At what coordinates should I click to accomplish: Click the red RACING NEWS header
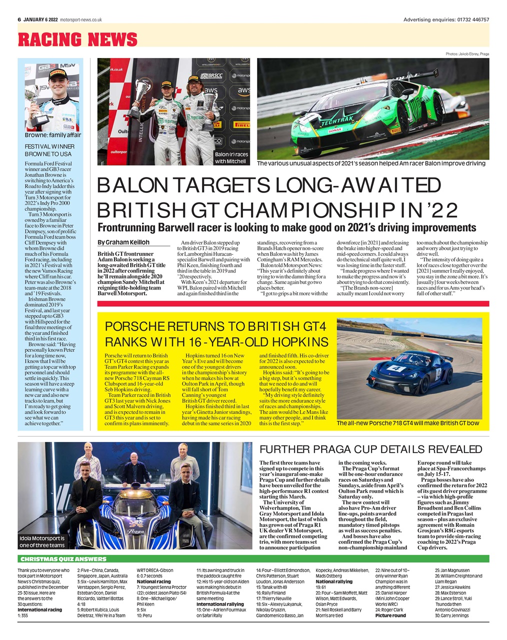click(x=77, y=39)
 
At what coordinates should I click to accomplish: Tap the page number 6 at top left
click(x=19, y=19)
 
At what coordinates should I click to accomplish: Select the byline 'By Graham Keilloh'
click(x=123, y=242)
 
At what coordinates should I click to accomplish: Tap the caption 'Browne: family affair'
click(x=53, y=135)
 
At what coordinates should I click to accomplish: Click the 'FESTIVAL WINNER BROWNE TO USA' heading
click(x=49, y=150)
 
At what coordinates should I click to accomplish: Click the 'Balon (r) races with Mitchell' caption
click(x=231, y=158)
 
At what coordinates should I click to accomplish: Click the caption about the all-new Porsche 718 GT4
click(x=407, y=423)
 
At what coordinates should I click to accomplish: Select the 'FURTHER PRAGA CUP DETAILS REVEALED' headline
click(x=370, y=449)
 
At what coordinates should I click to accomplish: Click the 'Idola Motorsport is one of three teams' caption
click(x=42, y=541)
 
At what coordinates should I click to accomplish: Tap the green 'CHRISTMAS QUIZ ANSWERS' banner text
click(x=63, y=559)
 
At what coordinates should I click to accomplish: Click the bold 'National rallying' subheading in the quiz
click(x=333, y=582)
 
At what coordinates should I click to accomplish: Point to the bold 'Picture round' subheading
click(x=390, y=615)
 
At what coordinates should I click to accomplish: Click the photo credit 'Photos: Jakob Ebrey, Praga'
click(x=467, y=53)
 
